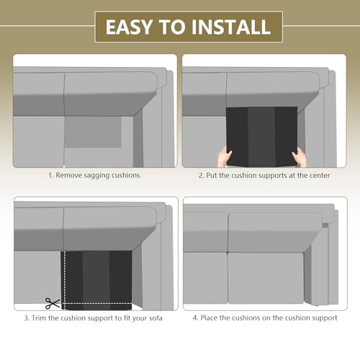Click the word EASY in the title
130,27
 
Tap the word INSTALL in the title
231,27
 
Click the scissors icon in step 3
53,303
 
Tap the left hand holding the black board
225,158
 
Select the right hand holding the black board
299,157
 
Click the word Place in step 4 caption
209,318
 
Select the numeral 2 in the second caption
201,176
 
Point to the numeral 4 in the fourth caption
195,318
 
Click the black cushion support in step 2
261,137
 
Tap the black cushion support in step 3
96,280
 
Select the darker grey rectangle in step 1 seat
93,132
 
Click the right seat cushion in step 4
266,278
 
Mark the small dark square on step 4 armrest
325,225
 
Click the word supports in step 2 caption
273,176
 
